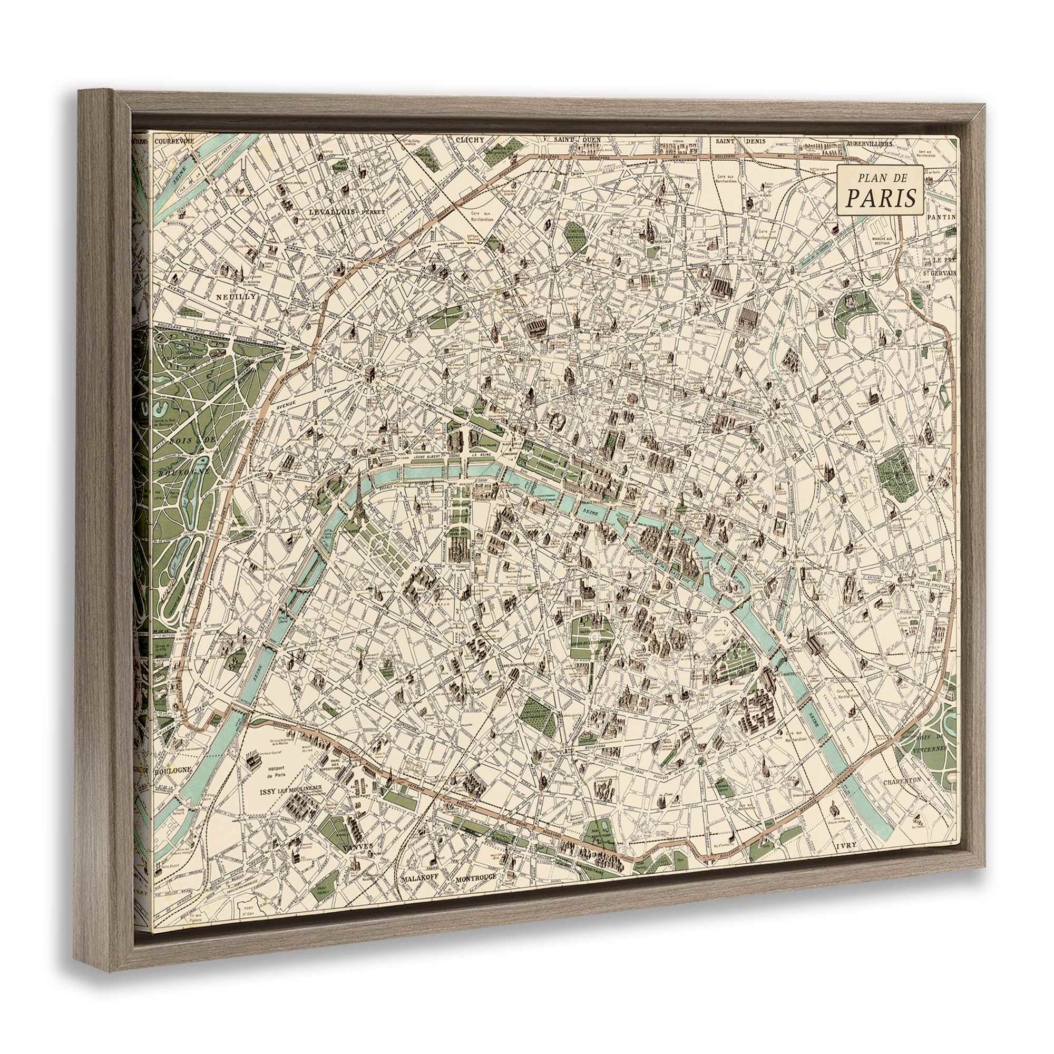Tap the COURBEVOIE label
coord(174,141)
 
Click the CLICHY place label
coord(469,140)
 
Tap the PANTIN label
coord(944,217)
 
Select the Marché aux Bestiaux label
coord(886,242)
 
